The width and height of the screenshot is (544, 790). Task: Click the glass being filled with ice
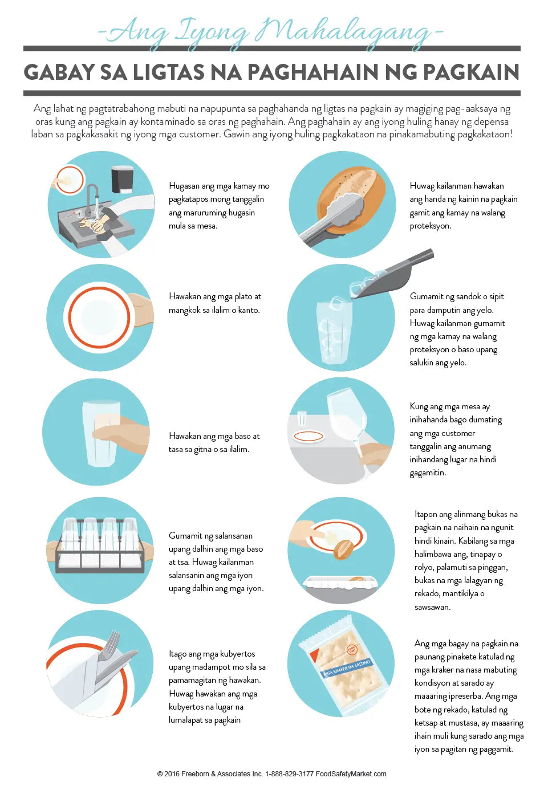tap(334, 332)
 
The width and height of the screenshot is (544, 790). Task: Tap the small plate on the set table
tap(308, 437)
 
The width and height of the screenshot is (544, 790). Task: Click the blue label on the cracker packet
tap(347, 666)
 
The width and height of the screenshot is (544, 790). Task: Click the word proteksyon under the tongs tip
tap(430, 226)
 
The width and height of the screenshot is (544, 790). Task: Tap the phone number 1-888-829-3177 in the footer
tap(289, 774)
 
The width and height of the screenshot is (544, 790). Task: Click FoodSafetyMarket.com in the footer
tap(351, 774)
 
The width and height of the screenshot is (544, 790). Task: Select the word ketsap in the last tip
tap(426, 723)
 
